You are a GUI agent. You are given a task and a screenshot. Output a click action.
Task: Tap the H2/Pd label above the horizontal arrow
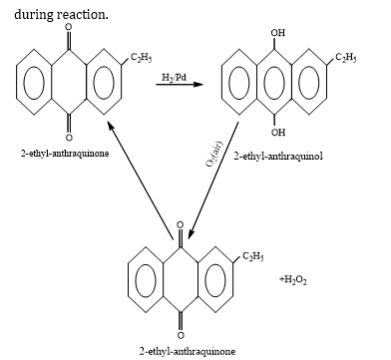click(175, 78)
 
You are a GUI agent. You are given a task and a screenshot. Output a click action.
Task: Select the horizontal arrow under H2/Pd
click(180, 85)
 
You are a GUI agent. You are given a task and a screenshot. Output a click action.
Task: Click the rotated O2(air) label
click(213, 154)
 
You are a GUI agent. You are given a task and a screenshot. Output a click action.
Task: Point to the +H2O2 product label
click(293, 280)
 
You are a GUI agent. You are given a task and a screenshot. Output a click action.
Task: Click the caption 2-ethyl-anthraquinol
click(278, 156)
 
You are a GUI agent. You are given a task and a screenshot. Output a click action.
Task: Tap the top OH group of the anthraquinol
click(278, 33)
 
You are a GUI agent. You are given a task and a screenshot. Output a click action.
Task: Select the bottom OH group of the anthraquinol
click(278, 133)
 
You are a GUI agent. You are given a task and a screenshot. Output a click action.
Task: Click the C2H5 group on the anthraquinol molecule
click(346, 58)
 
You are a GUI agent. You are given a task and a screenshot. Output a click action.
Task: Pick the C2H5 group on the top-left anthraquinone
click(142, 58)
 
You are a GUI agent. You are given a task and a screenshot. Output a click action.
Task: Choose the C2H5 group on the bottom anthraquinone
click(253, 256)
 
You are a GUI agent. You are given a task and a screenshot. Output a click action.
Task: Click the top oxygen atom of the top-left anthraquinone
click(69, 27)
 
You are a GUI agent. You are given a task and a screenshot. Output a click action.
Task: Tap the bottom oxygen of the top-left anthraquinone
click(69, 137)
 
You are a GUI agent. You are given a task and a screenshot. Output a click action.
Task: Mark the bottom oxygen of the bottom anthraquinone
click(181, 334)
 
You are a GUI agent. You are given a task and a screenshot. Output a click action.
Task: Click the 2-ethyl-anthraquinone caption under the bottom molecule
click(188, 351)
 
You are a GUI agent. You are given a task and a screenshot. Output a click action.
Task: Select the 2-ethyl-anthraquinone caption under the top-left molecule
click(65, 154)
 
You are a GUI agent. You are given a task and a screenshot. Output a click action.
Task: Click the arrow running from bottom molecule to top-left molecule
click(141, 180)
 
